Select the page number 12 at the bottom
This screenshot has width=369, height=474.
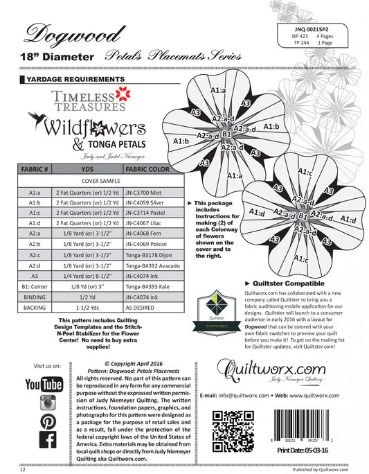point(24,468)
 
